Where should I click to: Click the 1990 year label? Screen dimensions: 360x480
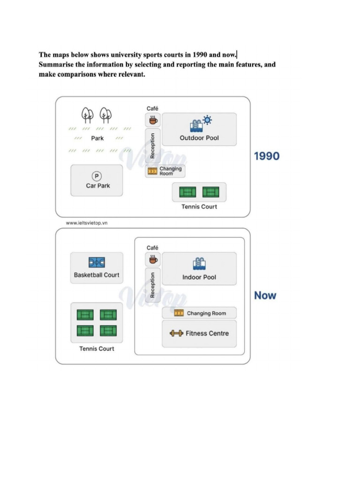tap(267, 156)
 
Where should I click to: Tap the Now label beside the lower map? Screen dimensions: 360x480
tap(265, 295)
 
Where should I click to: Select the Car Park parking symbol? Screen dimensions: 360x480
tap(97, 176)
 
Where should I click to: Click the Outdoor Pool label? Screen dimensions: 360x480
tap(199, 138)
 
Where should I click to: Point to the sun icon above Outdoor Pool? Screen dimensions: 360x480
tap(208, 120)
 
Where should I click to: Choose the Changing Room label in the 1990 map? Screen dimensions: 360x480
tap(171, 171)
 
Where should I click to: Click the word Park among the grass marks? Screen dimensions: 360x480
tap(97, 138)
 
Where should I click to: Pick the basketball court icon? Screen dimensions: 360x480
tap(97, 262)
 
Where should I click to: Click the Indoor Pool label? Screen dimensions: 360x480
tap(199, 277)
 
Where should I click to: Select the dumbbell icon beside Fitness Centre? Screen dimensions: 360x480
tap(177, 333)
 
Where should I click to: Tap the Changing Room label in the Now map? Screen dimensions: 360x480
tap(207, 314)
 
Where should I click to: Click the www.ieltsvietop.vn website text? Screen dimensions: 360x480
tap(87, 223)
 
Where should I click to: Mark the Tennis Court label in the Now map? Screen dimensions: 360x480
tap(97, 349)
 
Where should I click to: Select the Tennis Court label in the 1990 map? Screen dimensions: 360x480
tap(199, 207)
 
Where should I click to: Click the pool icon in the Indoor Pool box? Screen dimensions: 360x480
tap(199, 264)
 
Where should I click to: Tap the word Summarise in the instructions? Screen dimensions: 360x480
tap(56, 65)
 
